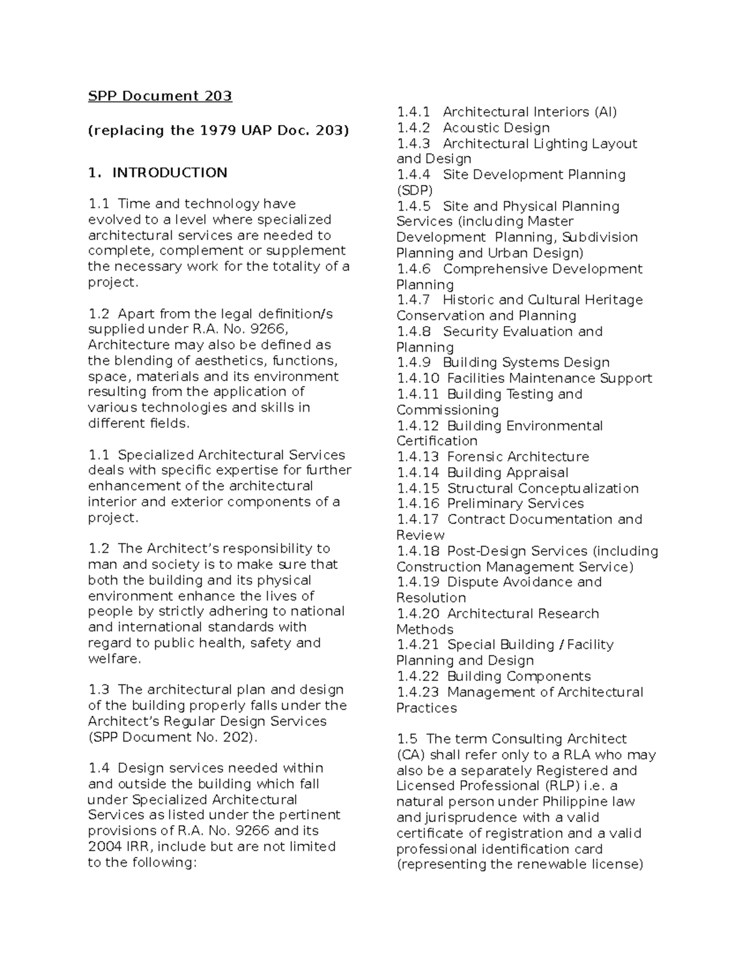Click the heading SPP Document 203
[160, 96]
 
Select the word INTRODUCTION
[170, 173]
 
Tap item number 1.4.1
[413, 112]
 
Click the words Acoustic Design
[496, 128]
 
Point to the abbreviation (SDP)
[414, 191]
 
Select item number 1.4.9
[413, 363]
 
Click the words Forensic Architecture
[518, 457]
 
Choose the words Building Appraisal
[507, 473]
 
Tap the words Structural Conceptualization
[542, 488]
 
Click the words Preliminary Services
[516, 504]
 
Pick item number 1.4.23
[418, 692]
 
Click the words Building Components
[519, 676]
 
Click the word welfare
[115, 659]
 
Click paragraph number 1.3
[99, 690]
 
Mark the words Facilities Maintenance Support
[549, 379]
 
